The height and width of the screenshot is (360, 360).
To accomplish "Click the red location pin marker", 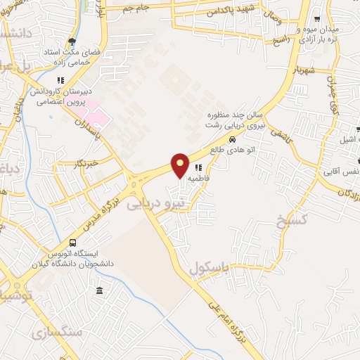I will pos(181,165).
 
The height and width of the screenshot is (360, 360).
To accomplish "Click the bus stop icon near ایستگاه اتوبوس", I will pos(72,243).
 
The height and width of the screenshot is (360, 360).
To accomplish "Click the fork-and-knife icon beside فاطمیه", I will pos(199,168).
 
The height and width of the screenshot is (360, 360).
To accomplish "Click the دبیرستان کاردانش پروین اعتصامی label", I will pos(56,96).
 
